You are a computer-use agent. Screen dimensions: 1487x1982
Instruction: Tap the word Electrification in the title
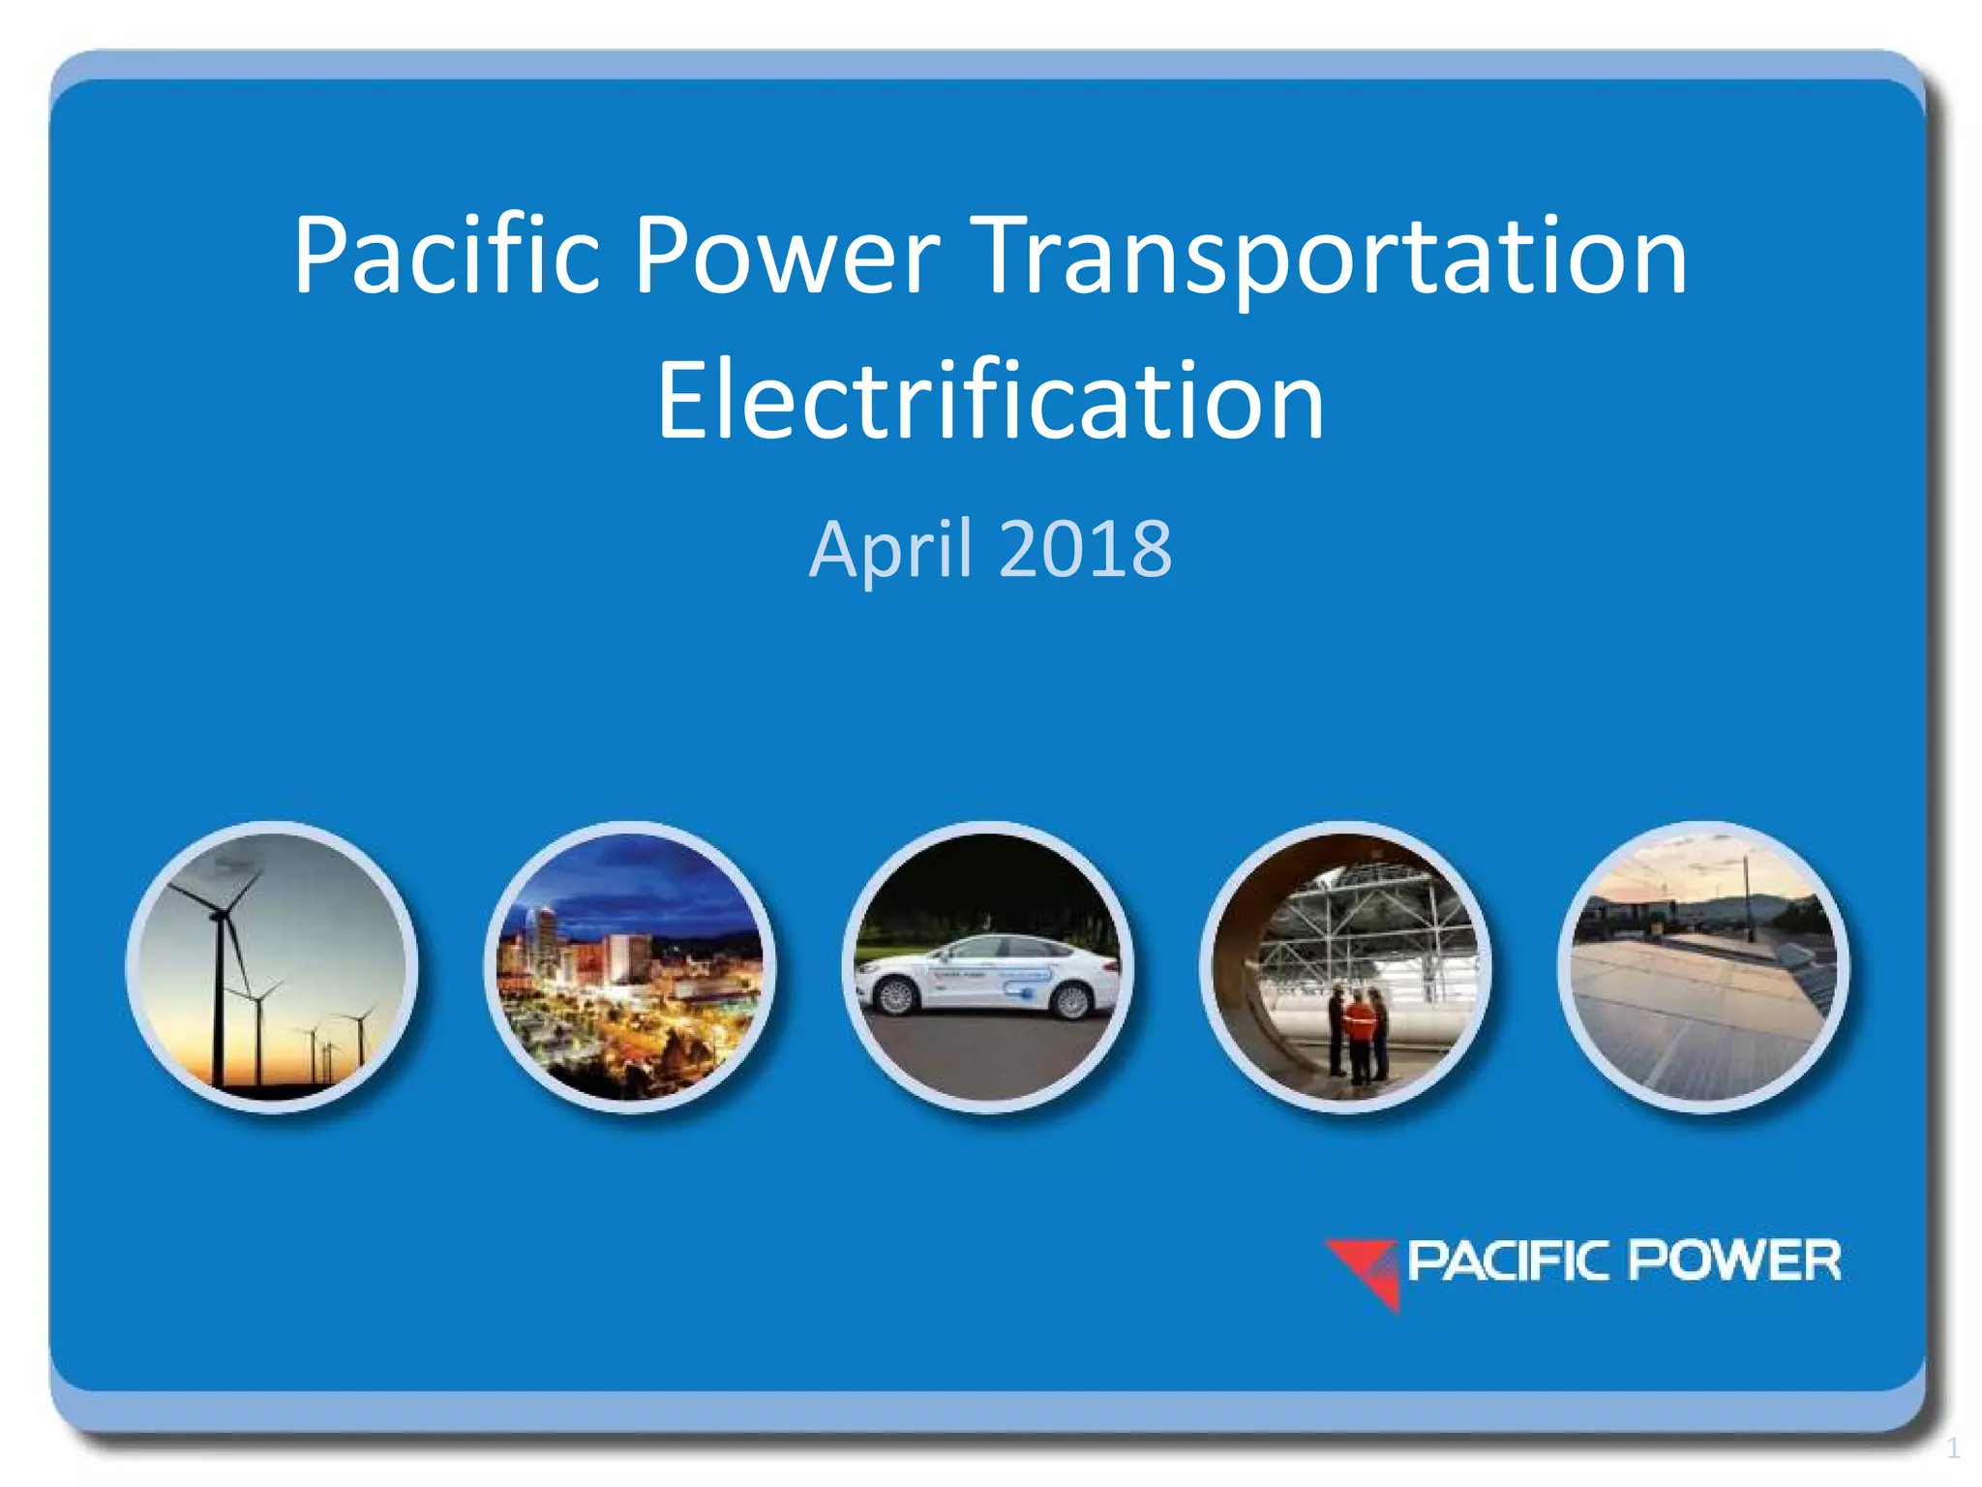[990, 401]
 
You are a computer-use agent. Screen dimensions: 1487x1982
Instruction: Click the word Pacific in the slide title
[447, 256]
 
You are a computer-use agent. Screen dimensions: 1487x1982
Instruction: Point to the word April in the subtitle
[890, 549]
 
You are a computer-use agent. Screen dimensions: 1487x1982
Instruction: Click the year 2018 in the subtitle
[1085, 549]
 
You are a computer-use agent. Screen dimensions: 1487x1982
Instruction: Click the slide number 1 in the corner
[1953, 1448]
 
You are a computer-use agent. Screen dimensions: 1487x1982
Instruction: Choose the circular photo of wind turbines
[272, 966]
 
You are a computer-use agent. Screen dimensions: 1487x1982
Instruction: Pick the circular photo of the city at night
[630, 966]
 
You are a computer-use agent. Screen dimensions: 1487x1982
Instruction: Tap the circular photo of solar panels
[1703, 966]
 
